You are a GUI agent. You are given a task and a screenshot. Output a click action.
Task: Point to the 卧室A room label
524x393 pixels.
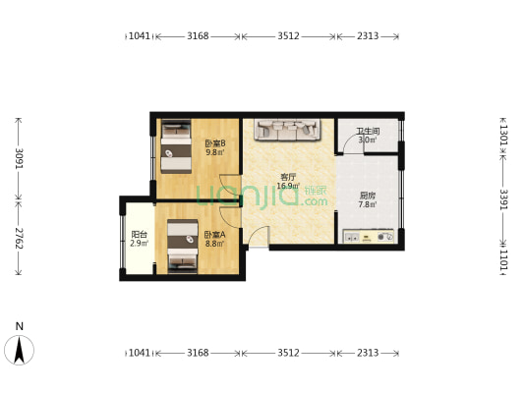[x=214, y=236]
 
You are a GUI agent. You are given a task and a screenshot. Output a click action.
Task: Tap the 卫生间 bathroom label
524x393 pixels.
[x=368, y=134]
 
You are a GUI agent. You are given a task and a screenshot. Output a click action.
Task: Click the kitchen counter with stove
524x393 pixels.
[x=368, y=236]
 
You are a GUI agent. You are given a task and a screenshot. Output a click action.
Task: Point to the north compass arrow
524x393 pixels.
[x=19, y=349]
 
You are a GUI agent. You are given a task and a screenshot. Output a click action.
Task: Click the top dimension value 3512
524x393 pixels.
[x=288, y=36]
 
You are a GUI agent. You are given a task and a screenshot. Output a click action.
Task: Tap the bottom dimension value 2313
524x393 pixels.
[x=368, y=352]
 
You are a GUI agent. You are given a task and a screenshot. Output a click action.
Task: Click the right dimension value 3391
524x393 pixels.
[x=503, y=200]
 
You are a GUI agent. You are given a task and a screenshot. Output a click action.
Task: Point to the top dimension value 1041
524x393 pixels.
[x=141, y=36]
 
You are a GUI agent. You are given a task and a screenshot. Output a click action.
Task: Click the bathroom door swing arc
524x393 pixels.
[x=347, y=146]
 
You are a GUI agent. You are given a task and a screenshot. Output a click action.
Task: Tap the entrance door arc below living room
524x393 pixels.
[x=258, y=237]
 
